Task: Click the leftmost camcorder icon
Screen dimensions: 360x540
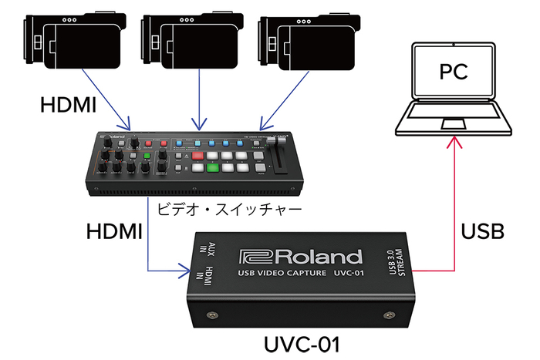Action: [x=73, y=42]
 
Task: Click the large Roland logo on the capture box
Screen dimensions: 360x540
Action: [x=300, y=257]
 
